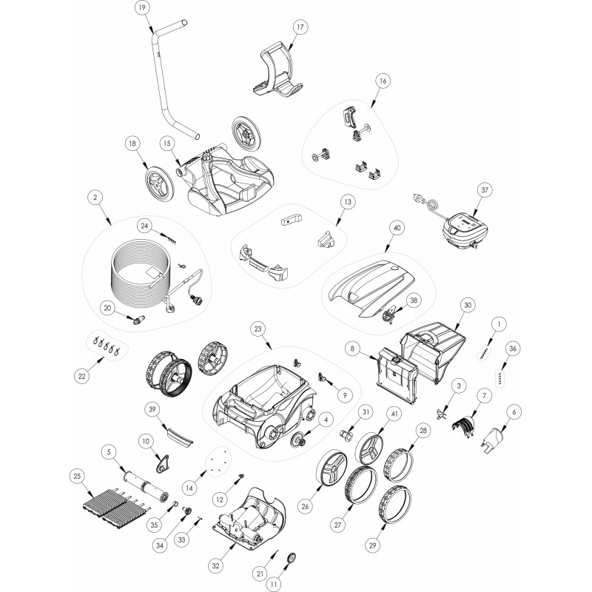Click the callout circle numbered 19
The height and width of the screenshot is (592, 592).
[142, 7]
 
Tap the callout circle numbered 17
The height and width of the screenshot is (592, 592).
[300, 27]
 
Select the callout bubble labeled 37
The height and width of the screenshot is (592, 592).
[485, 190]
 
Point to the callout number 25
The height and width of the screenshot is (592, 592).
[78, 477]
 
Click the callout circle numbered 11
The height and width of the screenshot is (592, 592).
[273, 585]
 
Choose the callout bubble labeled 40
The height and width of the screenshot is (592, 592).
[397, 228]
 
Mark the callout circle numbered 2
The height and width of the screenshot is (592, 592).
[95, 197]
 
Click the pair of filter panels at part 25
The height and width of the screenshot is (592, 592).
[115, 506]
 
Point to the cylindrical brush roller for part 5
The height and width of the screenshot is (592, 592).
[144, 485]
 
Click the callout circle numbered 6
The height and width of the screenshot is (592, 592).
[514, 412]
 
